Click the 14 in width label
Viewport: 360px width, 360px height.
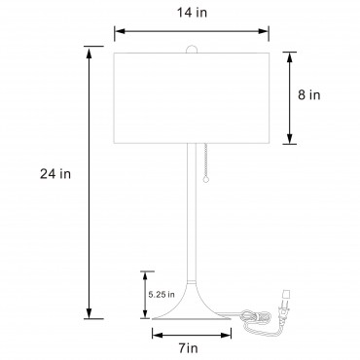pyautogui.click(x=192, y=13)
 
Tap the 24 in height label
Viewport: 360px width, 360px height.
pyautogui.click(x=55, y=174)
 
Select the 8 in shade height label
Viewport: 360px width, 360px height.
pyautogui.click(x=309, y=95)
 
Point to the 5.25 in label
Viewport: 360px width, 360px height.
pyautogui.click(x=162, y=295)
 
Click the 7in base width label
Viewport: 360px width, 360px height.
pyautogui.click(x=189, y=348)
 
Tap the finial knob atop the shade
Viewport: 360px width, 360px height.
pyautogui.click(x=192, y=49)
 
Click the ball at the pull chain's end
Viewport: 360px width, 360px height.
pyautogui.click(x=205, y=180)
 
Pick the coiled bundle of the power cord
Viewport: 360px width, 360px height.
pyautogui.click(x=256, y=317)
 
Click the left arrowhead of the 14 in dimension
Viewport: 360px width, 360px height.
pyautogui.click(x=120, y=31)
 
